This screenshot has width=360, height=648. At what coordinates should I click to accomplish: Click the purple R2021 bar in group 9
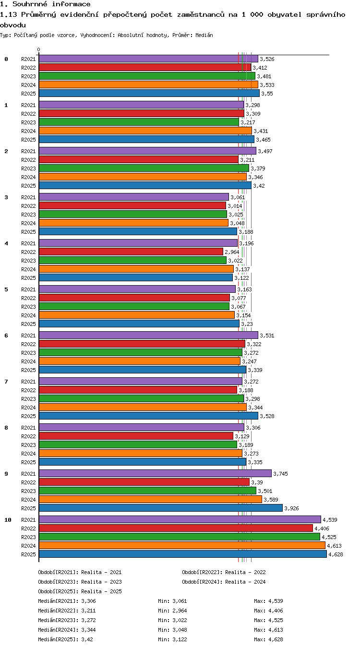[x=155, y=473]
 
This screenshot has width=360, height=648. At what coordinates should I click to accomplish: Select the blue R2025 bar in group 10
[x=183, y=554]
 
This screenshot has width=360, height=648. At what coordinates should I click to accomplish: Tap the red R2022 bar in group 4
[x=131, y=252]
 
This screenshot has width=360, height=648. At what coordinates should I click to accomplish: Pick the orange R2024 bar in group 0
[x=148, y=84]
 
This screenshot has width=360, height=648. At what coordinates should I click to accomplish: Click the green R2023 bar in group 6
[x=141, y=352]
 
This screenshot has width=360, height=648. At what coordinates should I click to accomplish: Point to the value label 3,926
[x=291, y=508]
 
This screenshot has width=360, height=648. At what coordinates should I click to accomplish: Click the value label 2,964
[x=232, y=252]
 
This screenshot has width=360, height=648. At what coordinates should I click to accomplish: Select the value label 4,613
[x=334, y=546]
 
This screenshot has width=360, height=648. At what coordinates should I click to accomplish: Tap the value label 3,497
[x=265, y=151]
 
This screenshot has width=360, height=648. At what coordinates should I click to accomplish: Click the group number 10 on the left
[x=8, y=520]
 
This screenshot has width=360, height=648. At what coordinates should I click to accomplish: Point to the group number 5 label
[x=6, y=289]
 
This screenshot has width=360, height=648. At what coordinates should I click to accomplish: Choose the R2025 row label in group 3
[x=28, y=232]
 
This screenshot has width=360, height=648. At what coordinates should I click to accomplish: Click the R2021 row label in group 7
[x=28, y=382]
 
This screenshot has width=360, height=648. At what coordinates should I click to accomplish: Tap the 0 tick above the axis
[x=39, y=50]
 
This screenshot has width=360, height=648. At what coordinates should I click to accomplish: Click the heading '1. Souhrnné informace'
[x=45, y=4]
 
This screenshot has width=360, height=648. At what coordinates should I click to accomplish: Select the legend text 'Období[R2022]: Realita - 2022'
[x=224, y=572]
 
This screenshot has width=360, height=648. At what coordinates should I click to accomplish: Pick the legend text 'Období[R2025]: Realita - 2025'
[x=80, y=591]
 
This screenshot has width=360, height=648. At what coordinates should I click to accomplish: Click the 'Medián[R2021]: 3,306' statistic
[x=67, y=601]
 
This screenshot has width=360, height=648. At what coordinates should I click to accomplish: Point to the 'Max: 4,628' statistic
[x=268, y=639]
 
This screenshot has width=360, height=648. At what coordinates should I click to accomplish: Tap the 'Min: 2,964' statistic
[x=172, y=611]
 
